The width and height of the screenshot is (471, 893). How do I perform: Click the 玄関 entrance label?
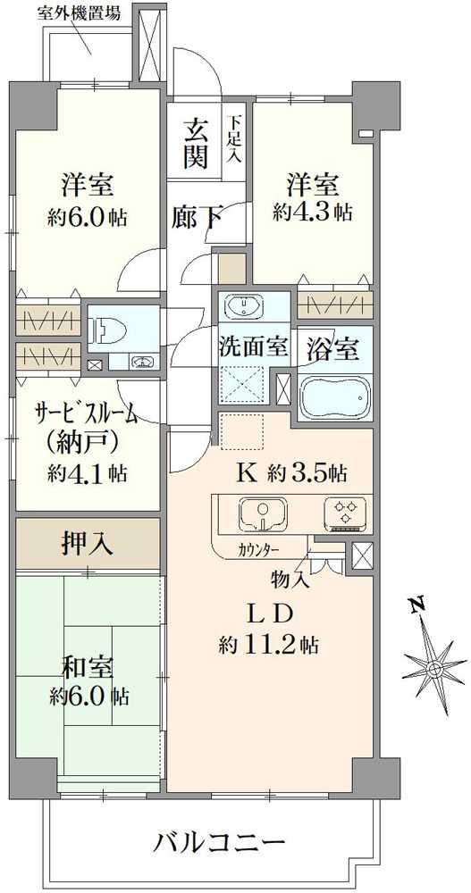(198, 144)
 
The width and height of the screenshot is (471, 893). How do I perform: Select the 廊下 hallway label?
(198, 217)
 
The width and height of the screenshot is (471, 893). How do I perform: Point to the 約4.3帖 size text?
(312, 213)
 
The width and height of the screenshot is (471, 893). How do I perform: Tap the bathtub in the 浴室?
(334, 396)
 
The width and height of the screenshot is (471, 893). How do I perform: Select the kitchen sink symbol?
(261, 513)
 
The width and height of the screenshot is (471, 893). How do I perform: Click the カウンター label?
(259, 549)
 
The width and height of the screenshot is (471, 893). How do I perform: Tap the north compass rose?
(434, 668)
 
